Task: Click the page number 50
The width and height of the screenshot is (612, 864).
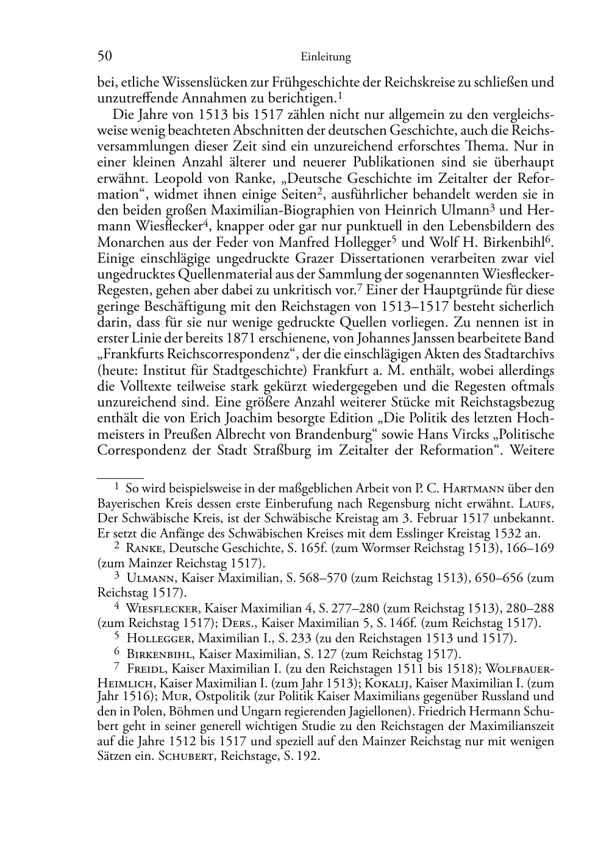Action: click(x=104, y=57)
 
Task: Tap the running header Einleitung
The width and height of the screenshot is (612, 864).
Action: click(x=326, y=57)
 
